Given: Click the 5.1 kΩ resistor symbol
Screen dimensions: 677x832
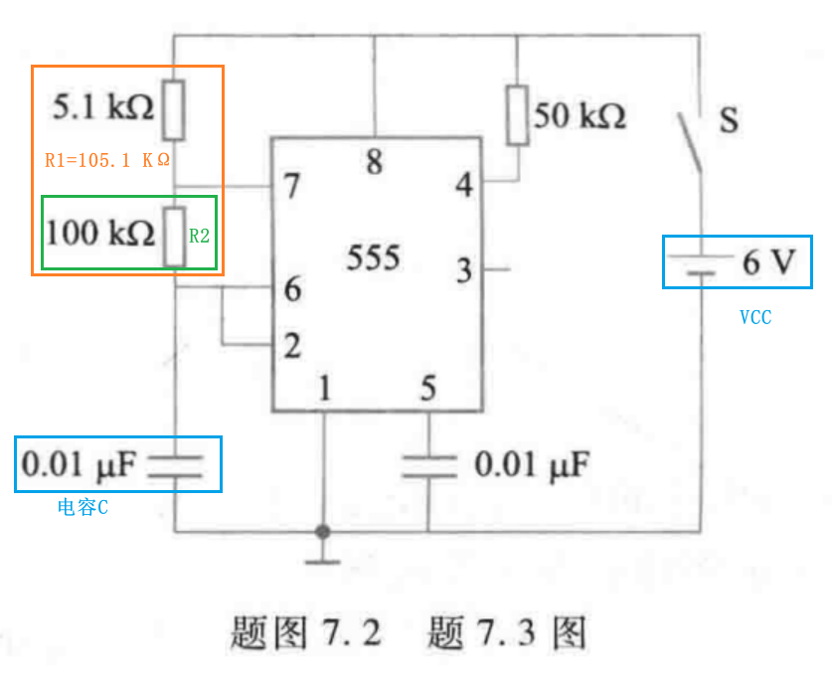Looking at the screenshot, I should click(174, 110).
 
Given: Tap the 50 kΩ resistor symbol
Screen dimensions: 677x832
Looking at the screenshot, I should click(517, 115).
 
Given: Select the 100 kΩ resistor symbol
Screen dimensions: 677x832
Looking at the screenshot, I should click(175, 237).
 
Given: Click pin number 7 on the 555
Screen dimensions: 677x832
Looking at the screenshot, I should click(292, 186).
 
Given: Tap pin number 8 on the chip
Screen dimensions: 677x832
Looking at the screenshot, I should click(374, 162).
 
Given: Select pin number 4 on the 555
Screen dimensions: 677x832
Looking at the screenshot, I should click(464, 186).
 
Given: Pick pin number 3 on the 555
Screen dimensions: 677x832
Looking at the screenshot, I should click(464, 269).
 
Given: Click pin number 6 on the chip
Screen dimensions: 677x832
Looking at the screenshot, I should click(292, 290).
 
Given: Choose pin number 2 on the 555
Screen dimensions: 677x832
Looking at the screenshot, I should click(292, 346).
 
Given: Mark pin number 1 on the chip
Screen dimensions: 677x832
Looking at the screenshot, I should click(323, 389).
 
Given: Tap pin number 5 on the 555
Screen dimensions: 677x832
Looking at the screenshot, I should click(427, 389).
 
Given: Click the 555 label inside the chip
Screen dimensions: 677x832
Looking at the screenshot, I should click(374, 258).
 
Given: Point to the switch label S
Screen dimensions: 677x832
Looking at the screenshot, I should click(729, 121).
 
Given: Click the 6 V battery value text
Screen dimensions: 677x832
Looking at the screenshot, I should click(768, 262).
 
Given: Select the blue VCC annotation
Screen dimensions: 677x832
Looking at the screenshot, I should click(755, 318).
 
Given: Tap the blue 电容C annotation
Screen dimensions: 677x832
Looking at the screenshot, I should click(83, 508).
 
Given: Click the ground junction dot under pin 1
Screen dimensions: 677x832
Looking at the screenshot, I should click(322, 532).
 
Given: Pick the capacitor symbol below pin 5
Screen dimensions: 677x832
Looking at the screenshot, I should click(428, 465).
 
